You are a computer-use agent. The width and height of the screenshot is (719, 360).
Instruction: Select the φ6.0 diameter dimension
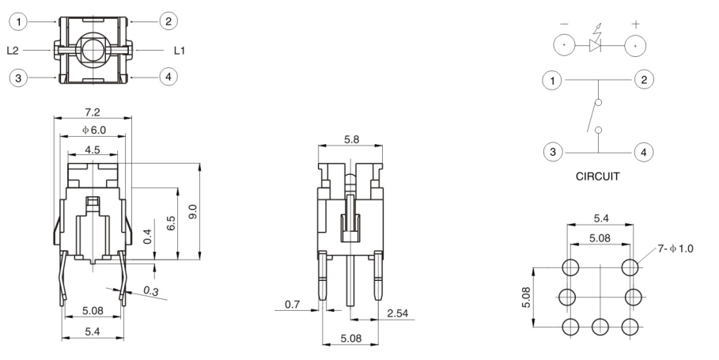(93, 129)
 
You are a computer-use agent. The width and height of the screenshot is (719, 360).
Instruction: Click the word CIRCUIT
(600, 177)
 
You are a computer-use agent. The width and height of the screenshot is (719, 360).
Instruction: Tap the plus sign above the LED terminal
(635, 25)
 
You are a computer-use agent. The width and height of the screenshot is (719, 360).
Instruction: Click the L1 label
(180, 50)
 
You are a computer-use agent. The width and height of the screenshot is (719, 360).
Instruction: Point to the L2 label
(13, 50)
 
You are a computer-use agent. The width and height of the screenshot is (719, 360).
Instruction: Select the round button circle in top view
(93, 50)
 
